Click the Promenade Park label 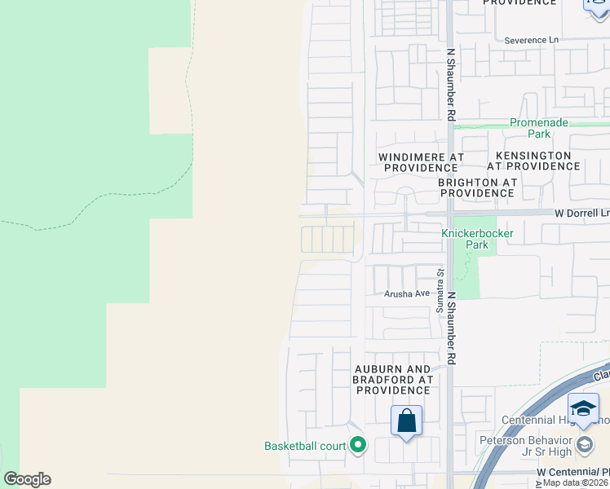click(539, 128)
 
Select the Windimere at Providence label click(422, 161)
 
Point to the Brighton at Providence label click(477, 187)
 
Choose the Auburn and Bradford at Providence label click(393, 379)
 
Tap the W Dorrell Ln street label click(581, 212)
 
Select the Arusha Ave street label click(407, 293)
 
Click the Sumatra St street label click(439, 291)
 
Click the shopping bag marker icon click(406, 421)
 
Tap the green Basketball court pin click(357, 445)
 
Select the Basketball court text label click(305, 446)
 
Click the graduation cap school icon click(584, 407)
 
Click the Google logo click(27, 478)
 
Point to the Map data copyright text click(576, 483)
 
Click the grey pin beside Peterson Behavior click(584, 445)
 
